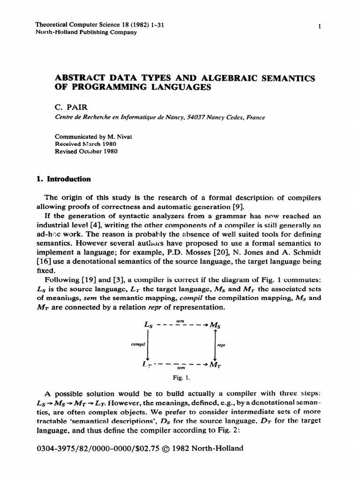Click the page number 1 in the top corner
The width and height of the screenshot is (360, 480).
(319, 26)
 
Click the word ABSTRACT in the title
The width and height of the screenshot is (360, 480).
(80, 77)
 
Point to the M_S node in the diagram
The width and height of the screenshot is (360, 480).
(216, 325)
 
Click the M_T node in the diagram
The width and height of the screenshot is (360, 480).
(216, 364)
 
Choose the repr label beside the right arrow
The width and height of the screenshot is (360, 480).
(222, 345)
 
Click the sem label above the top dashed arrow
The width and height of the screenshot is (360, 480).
(180, 320)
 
